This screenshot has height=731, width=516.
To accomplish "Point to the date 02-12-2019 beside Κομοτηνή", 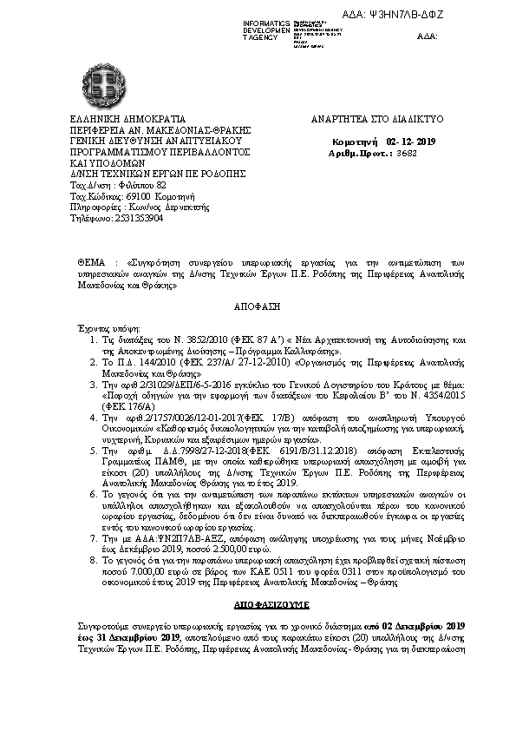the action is click(413, 140).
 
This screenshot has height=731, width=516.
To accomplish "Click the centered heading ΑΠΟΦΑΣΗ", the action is click(258, 307).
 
